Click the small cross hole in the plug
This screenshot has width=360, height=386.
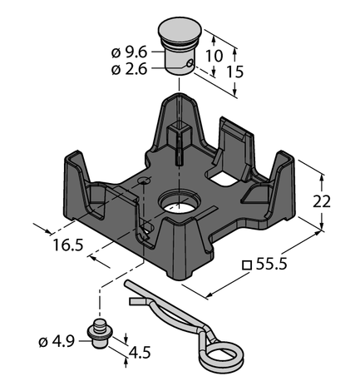pos(190,62)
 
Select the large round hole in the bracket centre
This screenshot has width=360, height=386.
pos(180,203)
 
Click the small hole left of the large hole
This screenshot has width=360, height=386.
pos(145,181)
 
